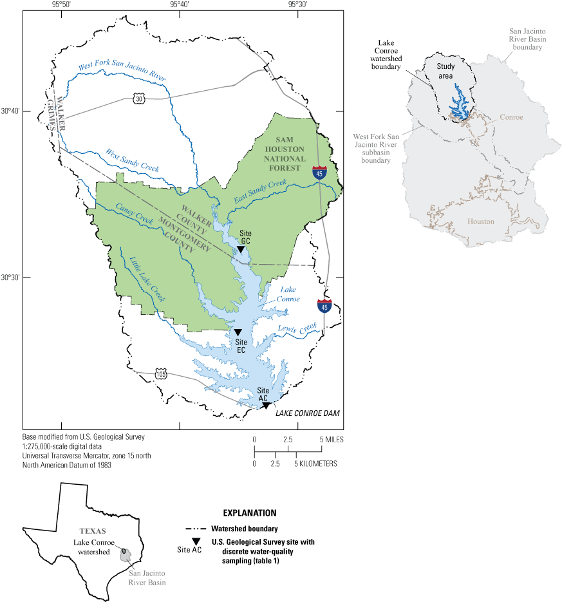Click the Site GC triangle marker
pyautogui.click(x=241, y=249)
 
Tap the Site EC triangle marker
pyautogui.click(x=238, y=332)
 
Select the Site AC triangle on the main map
pyautogui.click(x=265, y=405)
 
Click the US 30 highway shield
pyautogui.click(x=139, y=99)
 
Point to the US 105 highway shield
pyautogui.click(x=161, y=374)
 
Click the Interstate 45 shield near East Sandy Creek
pyautogui.click(x=319, y=172)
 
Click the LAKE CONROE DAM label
pyautogui.click(x=308, y=413)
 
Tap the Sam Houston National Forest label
pyautogui.click(x=284, y=154)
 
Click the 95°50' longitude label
pyautogui.click(x=61, y=5)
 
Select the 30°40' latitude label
pyautogui.click(x=11, y=111)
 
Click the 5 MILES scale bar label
pyautogui.click(x=329, y=439)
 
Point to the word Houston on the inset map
pyautogui.click(x=481, y=221)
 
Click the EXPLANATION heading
pyautogui.click(x=249, y=513)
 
